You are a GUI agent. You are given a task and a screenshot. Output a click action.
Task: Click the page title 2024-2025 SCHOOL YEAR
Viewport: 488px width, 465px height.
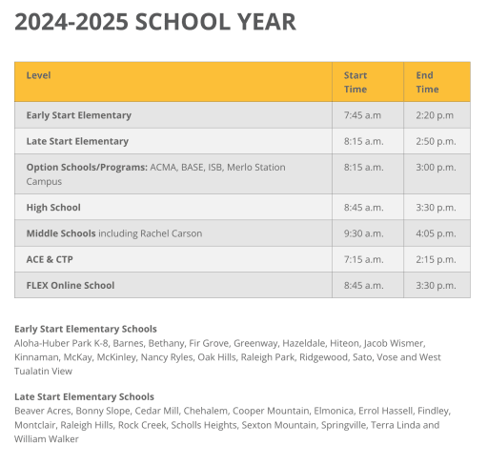(x=155, y=22)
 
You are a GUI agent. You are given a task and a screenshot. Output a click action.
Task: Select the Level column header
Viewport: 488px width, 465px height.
(x=39, y=75)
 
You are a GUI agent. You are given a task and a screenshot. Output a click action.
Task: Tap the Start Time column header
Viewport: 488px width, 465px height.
(x=356, y=82)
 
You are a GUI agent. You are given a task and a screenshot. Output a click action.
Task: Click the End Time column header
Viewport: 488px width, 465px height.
(x=427, y=82)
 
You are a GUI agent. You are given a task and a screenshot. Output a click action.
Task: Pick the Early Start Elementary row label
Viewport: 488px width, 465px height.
(x=79, y=115)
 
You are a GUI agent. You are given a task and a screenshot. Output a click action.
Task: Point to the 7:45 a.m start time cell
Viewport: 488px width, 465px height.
(x=362, y=115)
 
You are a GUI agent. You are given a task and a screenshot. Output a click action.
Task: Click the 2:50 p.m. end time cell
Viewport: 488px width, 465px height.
(x=436, y=141)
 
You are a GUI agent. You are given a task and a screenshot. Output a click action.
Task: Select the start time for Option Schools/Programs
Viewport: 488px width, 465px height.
(x=363, y=168)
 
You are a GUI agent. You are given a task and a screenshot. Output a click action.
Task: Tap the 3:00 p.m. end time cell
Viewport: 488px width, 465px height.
(x=436, y=168)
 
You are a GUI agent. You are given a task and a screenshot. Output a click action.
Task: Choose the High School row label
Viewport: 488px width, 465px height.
(x=53, y=207)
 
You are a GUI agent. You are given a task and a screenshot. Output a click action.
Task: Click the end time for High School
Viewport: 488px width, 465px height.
(x=436, y=207)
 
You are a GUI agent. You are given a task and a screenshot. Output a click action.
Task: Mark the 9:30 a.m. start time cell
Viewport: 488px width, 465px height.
(x=363, y=233)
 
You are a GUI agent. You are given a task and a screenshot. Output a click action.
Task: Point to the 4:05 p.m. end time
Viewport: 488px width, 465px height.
(x=436, y=233)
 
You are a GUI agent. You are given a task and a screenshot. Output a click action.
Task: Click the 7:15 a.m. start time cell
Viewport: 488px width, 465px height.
(x=363, y=259)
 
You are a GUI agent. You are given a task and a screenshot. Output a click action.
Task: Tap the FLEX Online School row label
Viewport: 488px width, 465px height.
(x=71, y=285)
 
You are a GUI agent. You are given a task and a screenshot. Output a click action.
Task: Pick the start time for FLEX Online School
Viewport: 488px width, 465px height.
(x=363, y=285)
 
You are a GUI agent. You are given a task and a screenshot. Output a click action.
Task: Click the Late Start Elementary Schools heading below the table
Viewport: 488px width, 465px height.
(x=84, y=396)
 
